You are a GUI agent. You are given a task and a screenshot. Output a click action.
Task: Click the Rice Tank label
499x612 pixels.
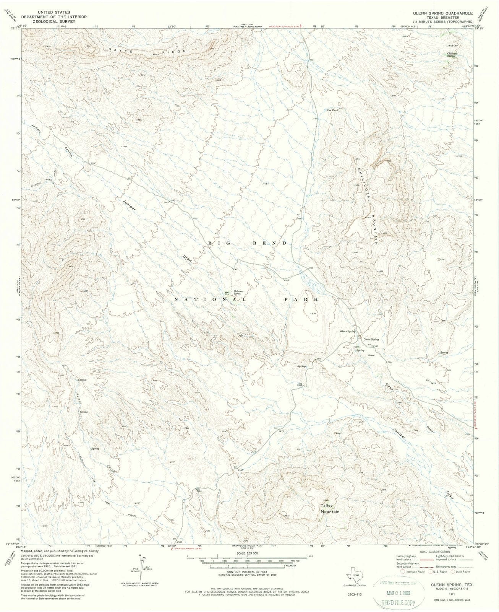[332, 110]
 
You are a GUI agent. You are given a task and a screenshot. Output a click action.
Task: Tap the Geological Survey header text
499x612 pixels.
[53, 22]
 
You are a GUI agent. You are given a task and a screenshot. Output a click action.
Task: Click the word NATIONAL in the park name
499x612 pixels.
[210, 299]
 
